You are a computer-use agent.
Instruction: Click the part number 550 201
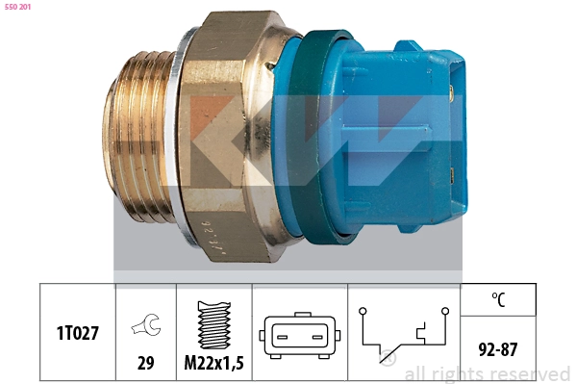17,7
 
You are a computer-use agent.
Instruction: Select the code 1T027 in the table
78,333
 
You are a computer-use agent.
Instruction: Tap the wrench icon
146,324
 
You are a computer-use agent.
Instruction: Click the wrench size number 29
145,363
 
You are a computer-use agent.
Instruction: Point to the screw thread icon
214,325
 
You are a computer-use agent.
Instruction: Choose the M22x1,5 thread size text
213,363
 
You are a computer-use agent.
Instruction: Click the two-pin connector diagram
299,336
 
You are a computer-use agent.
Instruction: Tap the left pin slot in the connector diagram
282,337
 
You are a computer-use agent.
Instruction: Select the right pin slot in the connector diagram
317,337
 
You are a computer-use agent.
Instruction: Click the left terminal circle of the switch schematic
363,311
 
